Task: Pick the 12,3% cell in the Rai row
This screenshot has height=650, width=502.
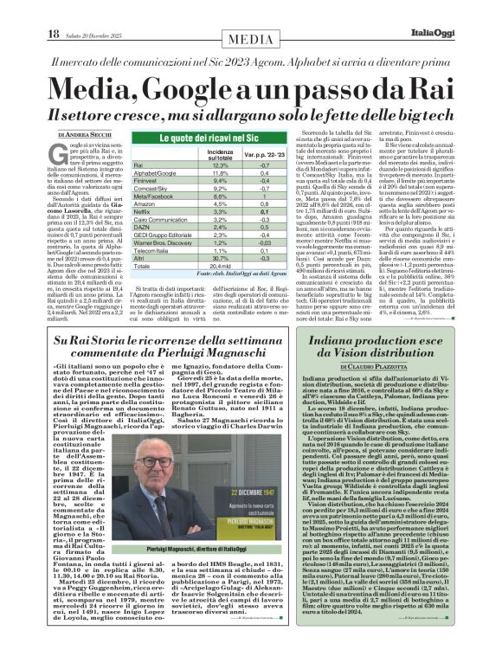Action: coord(222,164)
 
